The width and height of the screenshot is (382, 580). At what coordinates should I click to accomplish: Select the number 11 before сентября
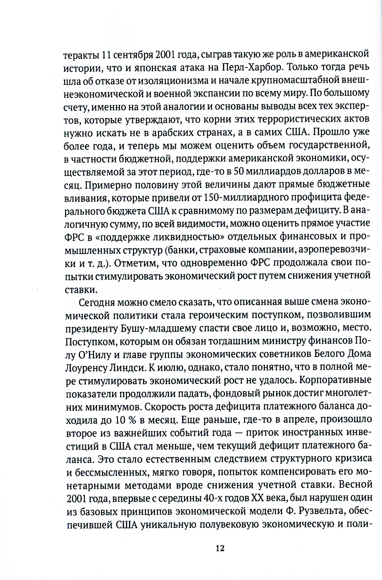click(106, 54)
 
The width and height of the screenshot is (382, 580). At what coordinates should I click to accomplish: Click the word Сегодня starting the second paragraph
click(97, 302)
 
